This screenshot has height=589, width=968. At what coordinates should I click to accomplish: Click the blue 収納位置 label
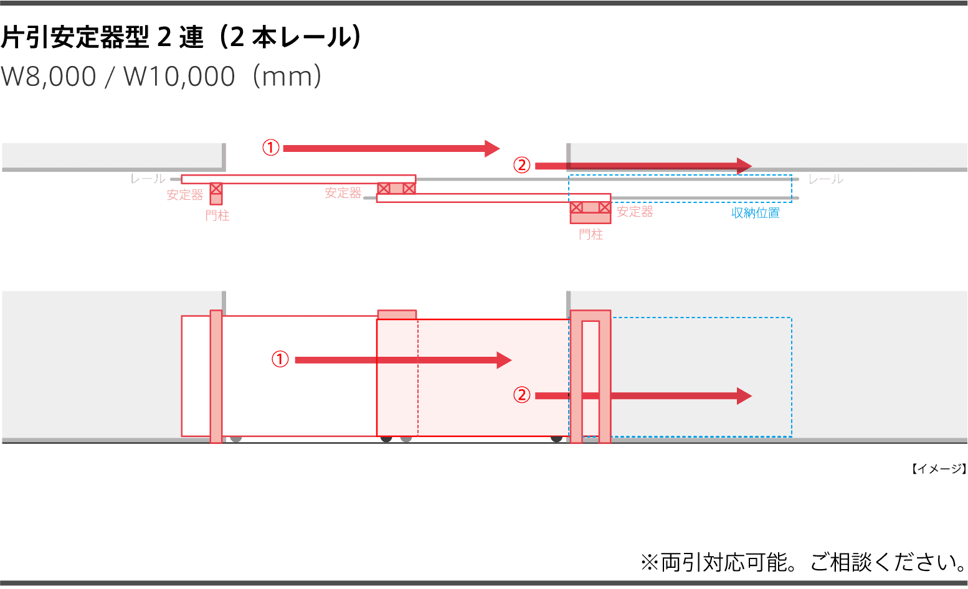click(755, 213)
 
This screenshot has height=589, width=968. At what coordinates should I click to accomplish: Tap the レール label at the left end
click(148, 179)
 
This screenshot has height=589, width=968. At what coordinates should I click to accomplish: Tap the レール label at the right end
click(825, 179)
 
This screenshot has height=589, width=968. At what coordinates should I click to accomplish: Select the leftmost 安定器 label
click(185, 195)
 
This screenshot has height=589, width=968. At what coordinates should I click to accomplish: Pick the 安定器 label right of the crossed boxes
click(635, 212)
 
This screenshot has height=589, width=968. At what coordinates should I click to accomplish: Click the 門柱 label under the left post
click(217, 216)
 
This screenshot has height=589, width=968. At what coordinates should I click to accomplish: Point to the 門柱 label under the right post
click(591, 235)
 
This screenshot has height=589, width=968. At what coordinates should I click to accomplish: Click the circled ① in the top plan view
click(271, 148)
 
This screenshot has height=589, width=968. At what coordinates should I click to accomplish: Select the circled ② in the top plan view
click(521, 166)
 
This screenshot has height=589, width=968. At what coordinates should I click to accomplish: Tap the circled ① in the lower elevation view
click(280, 360)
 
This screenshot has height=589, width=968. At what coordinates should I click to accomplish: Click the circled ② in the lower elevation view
click(521, 395)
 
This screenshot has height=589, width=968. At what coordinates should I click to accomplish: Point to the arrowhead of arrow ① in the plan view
click(492, 148)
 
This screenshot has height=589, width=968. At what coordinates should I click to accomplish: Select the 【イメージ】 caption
click(938, 469)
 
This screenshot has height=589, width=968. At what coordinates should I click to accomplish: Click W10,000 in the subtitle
click(179, 77)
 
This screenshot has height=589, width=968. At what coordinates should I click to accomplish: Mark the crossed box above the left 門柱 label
click(216, 188)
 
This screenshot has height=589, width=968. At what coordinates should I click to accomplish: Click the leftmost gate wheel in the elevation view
click(235, 439)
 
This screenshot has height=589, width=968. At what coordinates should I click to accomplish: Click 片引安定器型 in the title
click(75, 38)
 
